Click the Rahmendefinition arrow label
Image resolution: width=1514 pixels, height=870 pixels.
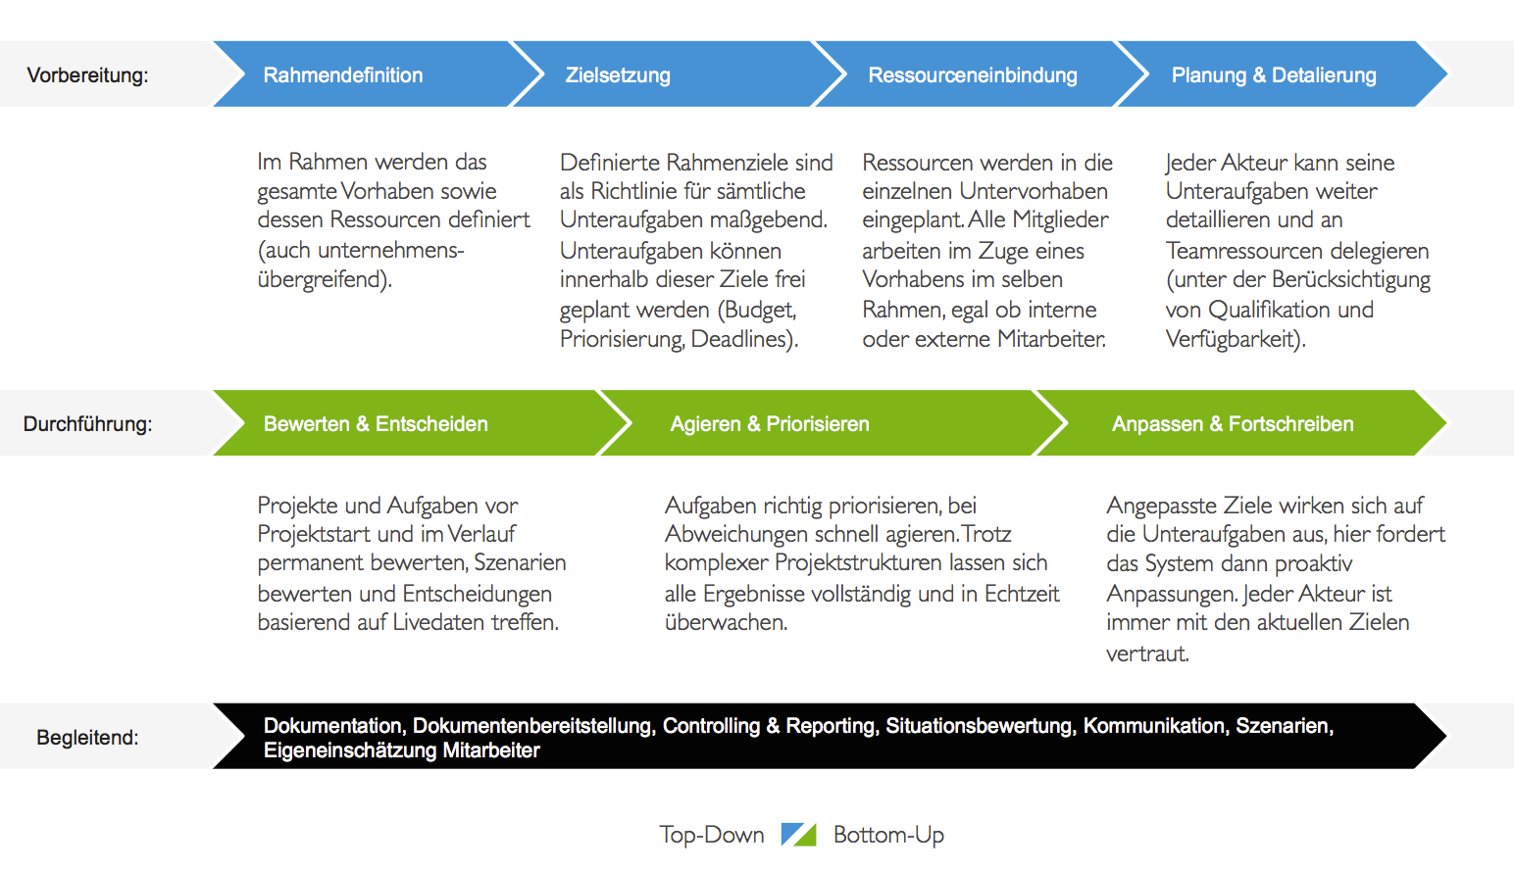pos(343,75)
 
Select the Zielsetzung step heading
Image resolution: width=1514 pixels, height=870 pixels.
pos(618,75)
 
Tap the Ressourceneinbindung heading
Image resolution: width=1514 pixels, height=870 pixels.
pos(973,75)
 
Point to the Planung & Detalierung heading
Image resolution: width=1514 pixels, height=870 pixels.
pos(1274,75)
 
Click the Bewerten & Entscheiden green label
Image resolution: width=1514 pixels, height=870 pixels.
pos(376,424)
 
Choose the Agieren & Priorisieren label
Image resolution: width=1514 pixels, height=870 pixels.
pos(770,424)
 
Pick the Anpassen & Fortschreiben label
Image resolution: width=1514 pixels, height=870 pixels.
pos(1233,424)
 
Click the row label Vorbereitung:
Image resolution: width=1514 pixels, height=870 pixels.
pos(87,75)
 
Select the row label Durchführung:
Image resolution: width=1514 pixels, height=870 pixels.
pos(87,424)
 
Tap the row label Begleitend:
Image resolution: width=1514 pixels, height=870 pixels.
pos(87,738)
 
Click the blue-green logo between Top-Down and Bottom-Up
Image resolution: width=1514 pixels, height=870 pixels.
pos(798,835)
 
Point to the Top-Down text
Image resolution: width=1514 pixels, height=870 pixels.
pos(712,835)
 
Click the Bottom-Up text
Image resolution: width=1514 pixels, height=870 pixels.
pos(888,835)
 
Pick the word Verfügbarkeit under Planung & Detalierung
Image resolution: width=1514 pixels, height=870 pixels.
pos(1234,339)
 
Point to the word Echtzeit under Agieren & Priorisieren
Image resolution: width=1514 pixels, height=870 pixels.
pos(1022,594)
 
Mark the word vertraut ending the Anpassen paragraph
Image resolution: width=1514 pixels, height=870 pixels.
pos(1146,653)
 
